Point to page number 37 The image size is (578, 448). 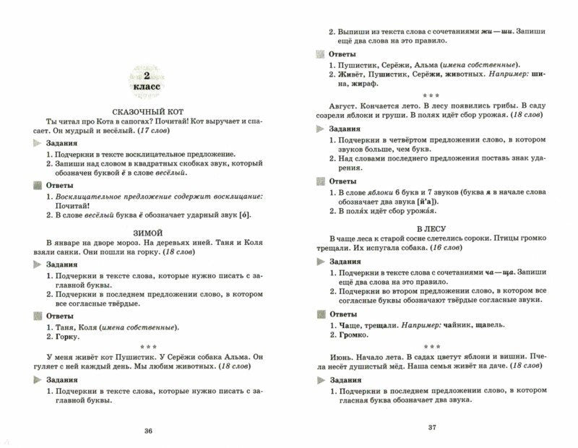(x=432, y=426)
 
